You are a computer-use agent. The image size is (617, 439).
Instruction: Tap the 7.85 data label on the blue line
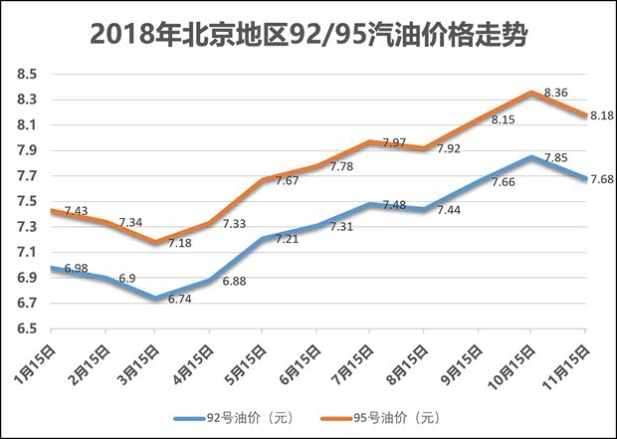[555, 157]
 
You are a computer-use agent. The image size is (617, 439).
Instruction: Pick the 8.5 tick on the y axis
[27, 75]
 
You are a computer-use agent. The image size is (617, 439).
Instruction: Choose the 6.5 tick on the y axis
[27, 329]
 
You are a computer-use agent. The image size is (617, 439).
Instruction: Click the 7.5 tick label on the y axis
[27, 202]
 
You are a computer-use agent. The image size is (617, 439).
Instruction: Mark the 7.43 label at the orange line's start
[77, 211]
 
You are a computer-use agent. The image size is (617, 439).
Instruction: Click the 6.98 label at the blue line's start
[77, 270]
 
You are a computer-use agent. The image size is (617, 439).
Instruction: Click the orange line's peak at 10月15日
[530, 93]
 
